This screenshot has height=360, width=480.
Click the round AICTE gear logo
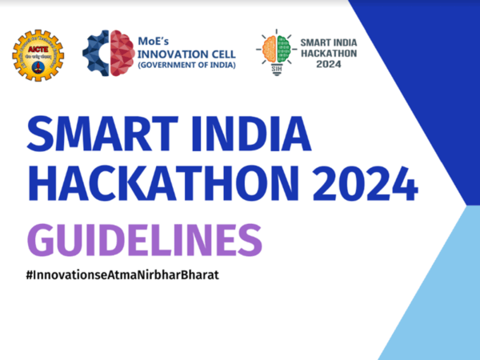pos(37,54)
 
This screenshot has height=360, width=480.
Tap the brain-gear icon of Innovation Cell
pos(108,53)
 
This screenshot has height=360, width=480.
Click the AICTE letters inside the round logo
pos(36,49)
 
